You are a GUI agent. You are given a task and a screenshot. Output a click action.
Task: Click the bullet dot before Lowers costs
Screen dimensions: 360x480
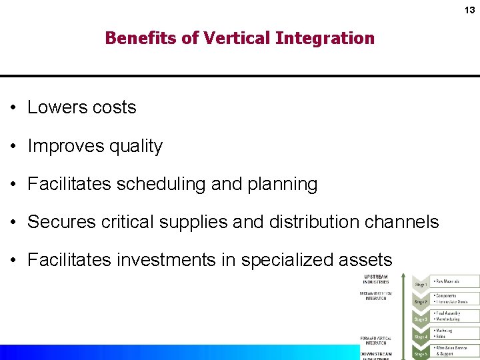click(13, 108)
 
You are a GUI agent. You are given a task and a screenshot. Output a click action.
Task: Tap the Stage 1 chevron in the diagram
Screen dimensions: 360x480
click(420, 284)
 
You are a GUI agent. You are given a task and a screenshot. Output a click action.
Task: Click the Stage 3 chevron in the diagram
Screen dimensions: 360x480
click(420, 319)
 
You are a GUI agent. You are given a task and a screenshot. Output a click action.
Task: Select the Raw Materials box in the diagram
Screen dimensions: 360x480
click(455, 281)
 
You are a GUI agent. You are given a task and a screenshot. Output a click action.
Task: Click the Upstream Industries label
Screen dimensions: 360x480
click(376, 279)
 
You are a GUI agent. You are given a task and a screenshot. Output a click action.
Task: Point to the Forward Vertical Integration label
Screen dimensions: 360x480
click(376, 341)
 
